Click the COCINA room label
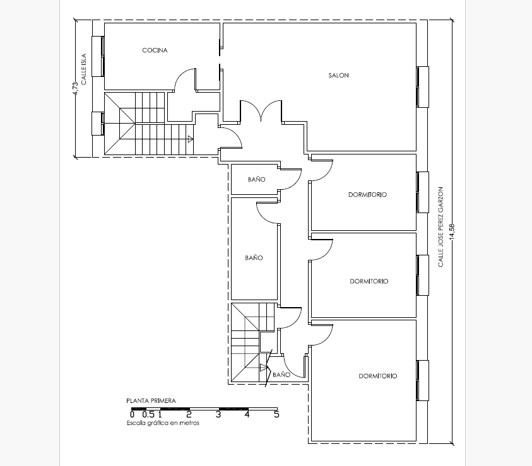pyautogui.click(x=155, y=50)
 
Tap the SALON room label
pyautogui.click(x=338, y=75)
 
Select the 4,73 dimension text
pyautogui.click(x=75, y=89)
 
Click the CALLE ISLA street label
pyautogui.click(x=83, y=69)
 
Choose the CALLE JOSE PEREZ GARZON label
pyautogui.click(x=440, y=227)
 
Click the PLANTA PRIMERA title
pyautogui.click(x=151, y=400)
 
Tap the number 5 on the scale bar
pyautogui.click(x=276, y=414)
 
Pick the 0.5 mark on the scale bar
pyautogui.click(x=148, y=414)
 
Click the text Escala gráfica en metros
pyautogui.click(x=163, y=423)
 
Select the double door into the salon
pyautogui.click(x=261, y=111)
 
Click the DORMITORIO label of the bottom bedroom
pyautogui.click(x=377, y=376)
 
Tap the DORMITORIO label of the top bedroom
pyautogui.click(x=367, y=194)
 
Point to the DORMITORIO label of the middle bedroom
pyautogui.click(x=369, y=281)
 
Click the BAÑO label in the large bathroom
pyautogui.click(x=254, y=257)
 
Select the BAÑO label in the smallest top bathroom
pyautogui.click(x=256, y=179)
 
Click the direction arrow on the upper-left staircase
pyautogui.click(x=191, y=139)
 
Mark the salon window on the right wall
pyautogui.click(x=422, y=87)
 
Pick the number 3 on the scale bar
pyautogui.click(x=218, y=414)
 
